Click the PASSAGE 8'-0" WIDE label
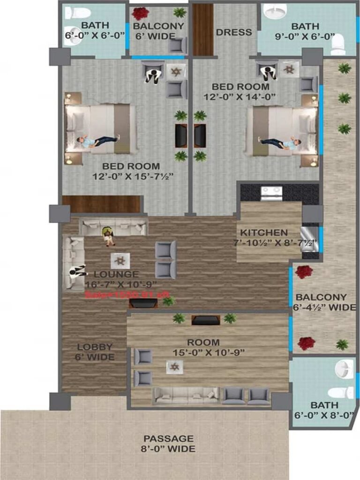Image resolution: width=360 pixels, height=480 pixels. click(168, 443)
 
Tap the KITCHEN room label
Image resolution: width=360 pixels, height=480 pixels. click(264, 232)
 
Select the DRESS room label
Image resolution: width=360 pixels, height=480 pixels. click(233, 32)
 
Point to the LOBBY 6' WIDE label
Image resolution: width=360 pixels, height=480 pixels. click(95, 352)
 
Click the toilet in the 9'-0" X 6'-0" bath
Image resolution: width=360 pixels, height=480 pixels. click(337, 46)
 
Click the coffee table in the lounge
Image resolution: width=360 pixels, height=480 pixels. click(120, 260)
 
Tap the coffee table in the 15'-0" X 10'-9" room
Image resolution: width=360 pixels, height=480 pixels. click(174, 367)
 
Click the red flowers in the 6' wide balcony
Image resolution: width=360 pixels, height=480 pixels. click(140, 13)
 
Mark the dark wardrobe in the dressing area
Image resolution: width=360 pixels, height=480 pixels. click(203, 30)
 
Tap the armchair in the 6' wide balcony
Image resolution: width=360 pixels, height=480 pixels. click(177, 45)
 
